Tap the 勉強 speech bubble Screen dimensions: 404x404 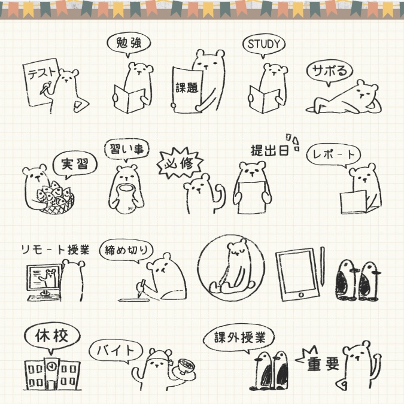pos(128,44)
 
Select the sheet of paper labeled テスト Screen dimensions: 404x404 pos(41,78)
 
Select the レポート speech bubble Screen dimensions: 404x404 pos(333,154)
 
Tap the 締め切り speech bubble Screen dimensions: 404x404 pos(127,250)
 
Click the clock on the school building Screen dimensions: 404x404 pos(52,364)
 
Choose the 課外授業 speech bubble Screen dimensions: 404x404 pos(242,337)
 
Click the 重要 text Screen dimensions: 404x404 pos(323,365)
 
